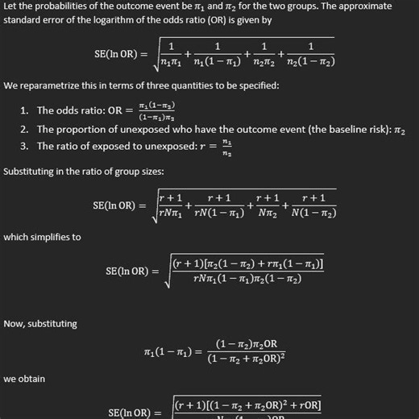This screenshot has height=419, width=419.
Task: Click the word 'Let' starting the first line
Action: point(11,6)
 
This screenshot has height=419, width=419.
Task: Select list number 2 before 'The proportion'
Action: point(25,129)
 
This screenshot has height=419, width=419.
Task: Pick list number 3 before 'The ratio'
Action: point(25,146)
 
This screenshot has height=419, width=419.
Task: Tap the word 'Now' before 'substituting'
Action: point(14,323)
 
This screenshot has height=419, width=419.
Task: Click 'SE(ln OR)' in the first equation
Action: point(118,54)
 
